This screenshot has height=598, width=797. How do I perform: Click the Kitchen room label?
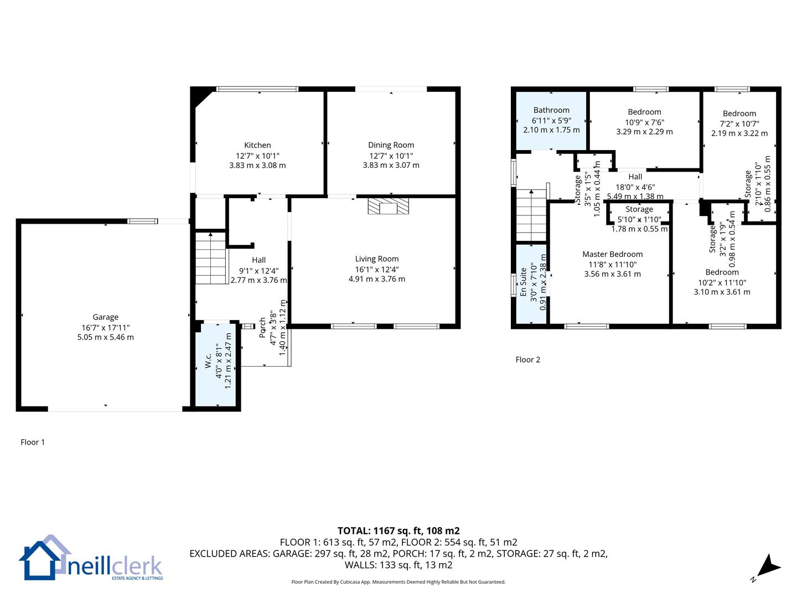(257, 145)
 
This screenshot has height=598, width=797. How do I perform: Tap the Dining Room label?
(391, 145)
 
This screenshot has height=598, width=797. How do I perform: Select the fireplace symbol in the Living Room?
(388, 206)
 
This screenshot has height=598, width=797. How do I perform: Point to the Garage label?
(105, 317)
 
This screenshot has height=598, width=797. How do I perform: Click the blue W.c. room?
(216, 364)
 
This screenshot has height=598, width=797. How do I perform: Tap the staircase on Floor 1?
(211, 258)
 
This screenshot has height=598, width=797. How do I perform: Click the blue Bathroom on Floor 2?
(551, 121)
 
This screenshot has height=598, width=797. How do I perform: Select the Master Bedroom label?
(613, 254)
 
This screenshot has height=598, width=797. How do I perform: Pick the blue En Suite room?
(531, 284)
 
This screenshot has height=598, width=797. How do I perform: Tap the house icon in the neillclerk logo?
(44, 558)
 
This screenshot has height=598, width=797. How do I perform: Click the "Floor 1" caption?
(33, 442)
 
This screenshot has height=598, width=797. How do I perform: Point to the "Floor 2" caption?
(527, 360)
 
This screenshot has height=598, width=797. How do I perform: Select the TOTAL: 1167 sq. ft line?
(398, 531)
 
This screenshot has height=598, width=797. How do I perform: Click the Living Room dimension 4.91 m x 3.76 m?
(377, 279)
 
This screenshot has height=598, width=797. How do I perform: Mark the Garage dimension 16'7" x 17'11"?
(105, 328)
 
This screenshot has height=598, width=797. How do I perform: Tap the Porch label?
(262, 328)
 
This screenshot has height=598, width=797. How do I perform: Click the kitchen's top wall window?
(257, 89)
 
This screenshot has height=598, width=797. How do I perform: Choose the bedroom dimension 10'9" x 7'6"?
(644, 122)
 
